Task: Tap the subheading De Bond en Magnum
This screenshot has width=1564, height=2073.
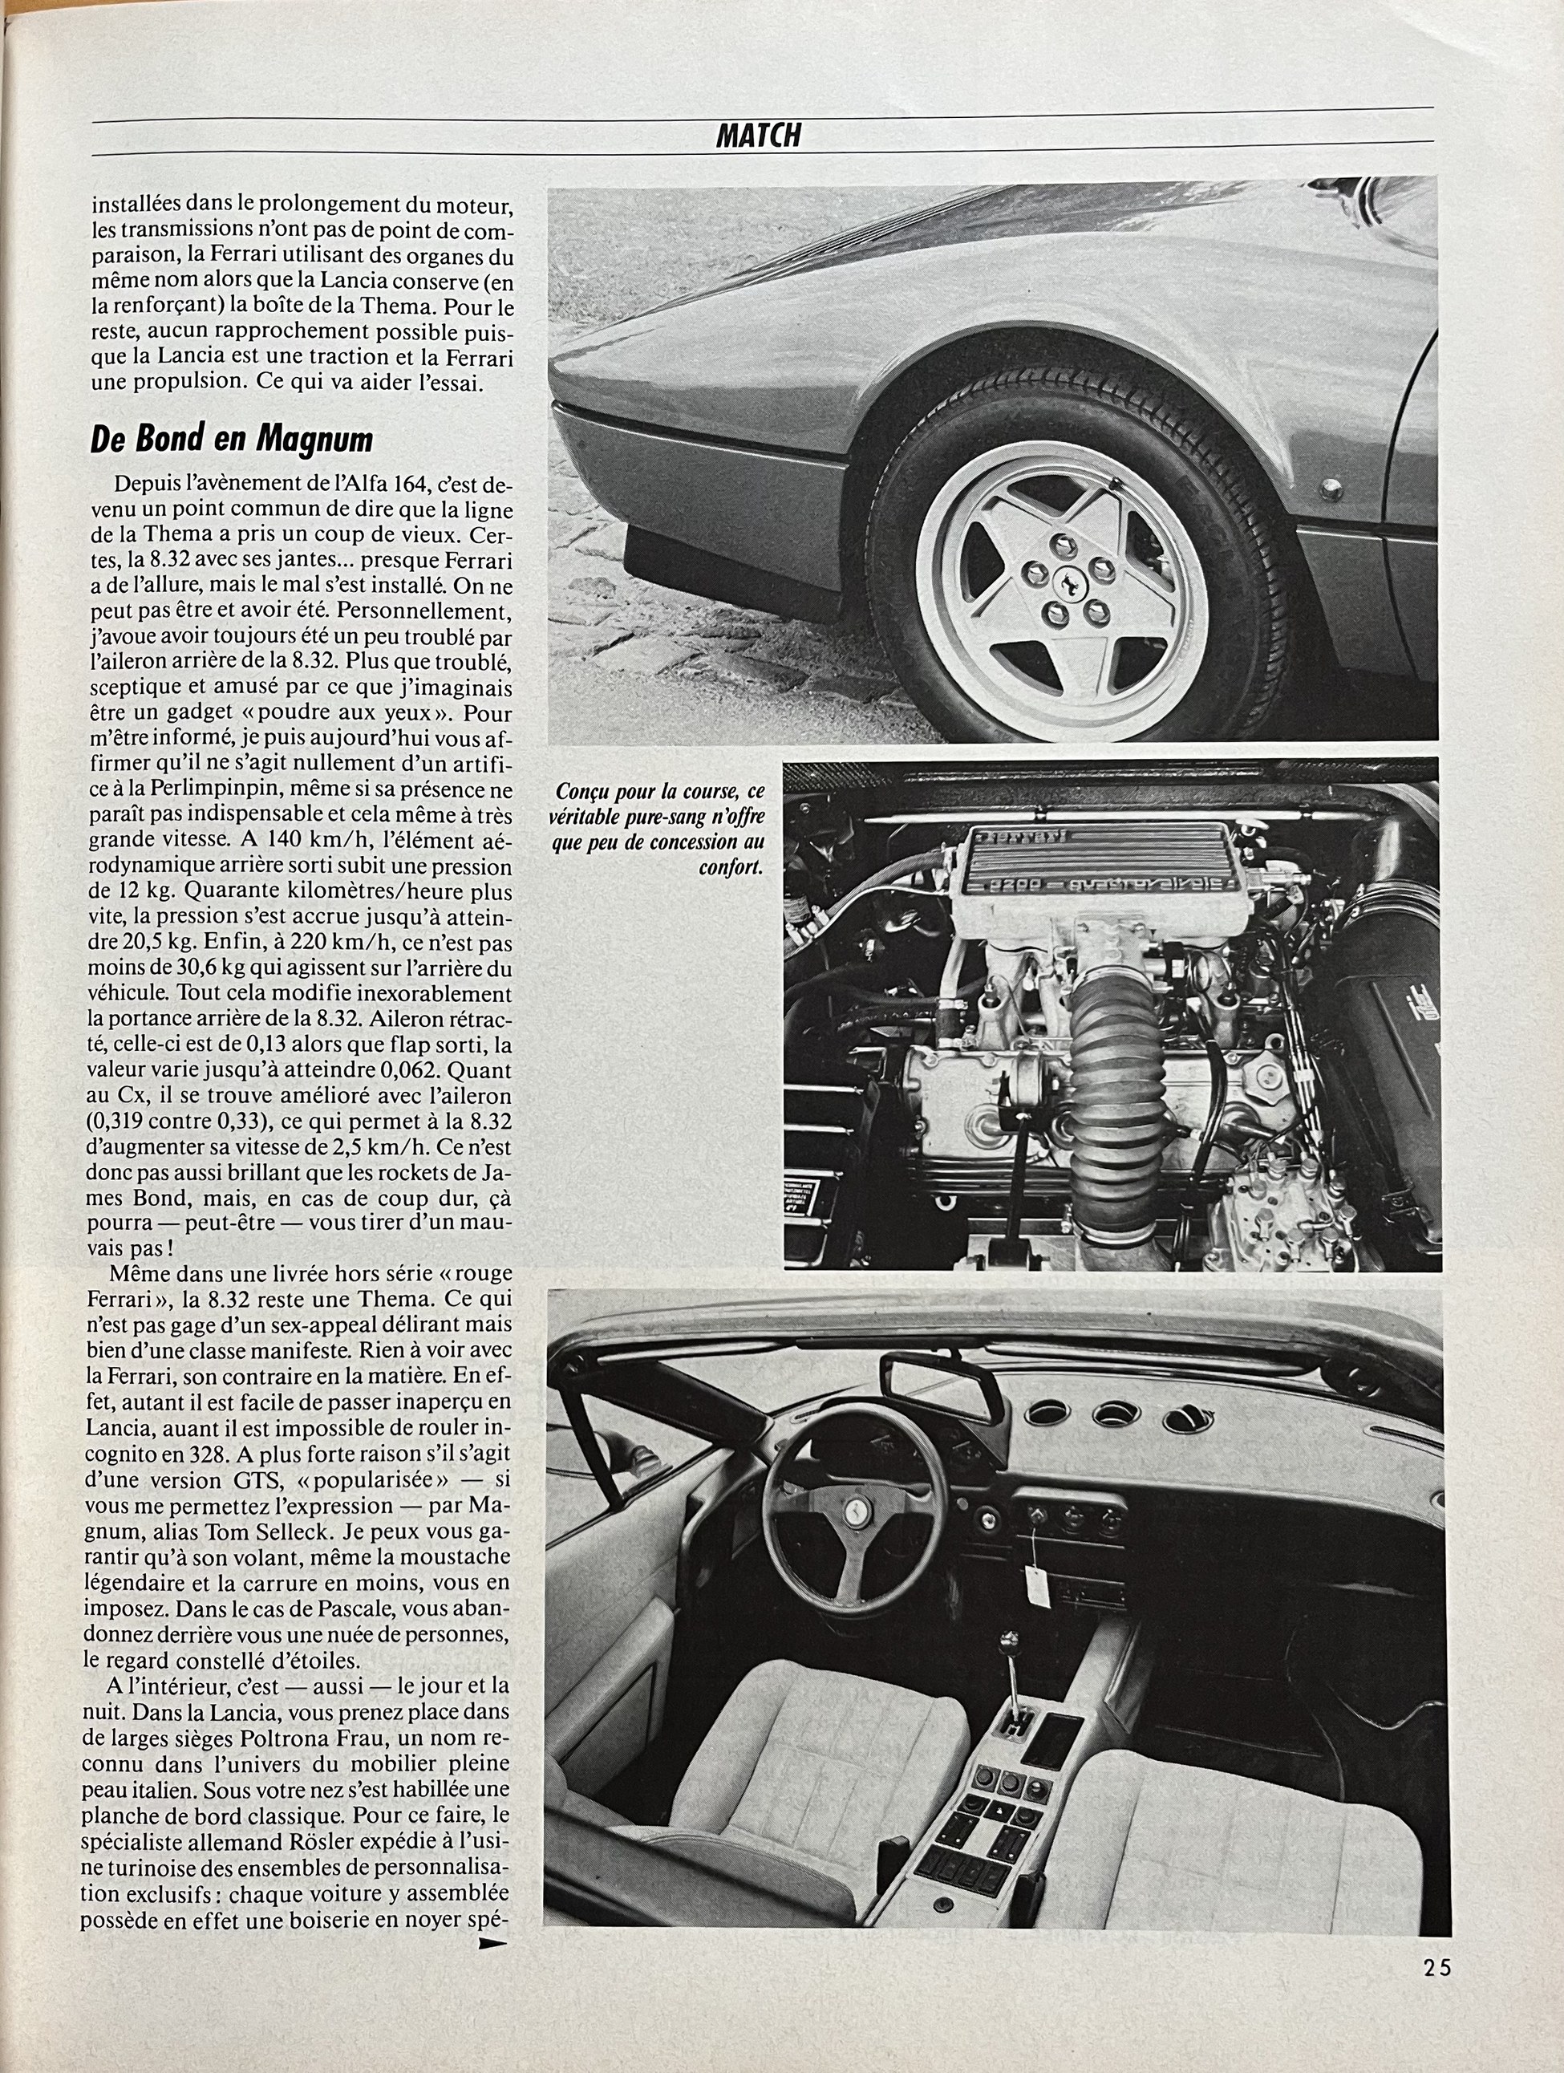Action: pyautogui.click(x=232, y=440)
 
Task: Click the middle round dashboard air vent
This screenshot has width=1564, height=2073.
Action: pyautogui.click(x=1113, y=1411)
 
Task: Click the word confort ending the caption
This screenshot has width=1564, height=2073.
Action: pyautogui.click(x=730, y=868)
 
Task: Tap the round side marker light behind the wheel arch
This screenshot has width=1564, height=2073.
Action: pyautogui.click(x=1329, y=489)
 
